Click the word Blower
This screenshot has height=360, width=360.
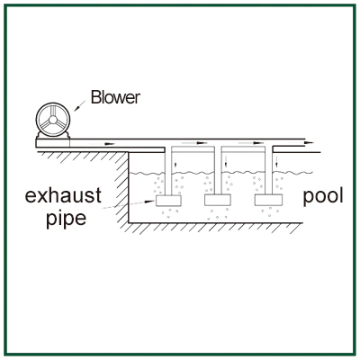pos(115,97)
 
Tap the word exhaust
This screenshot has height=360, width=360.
pos(63,195)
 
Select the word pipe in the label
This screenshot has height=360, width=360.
pos(66,219)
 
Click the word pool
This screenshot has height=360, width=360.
pos(323,196)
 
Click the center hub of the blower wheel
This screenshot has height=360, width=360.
pos(53,120)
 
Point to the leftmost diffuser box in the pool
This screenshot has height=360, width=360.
pos(168,201)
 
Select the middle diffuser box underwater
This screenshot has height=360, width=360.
pos(218,200)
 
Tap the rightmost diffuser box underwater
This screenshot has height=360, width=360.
pos(268,200)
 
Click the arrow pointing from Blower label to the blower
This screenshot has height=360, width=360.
pos(80,105)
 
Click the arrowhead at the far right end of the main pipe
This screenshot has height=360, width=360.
pos(310,143)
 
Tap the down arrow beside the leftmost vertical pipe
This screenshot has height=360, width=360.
pos(176,162)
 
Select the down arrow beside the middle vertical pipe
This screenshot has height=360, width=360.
pos(226,162)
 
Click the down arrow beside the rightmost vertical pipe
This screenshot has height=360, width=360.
pos(276,162)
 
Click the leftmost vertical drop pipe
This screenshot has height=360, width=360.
pos(168,170)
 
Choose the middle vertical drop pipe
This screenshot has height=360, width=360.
pos(218,170)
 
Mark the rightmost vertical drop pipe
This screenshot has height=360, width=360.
pos(268,170)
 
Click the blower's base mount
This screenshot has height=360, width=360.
pos(52,140)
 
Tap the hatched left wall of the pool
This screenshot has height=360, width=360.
pos(122,187)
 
